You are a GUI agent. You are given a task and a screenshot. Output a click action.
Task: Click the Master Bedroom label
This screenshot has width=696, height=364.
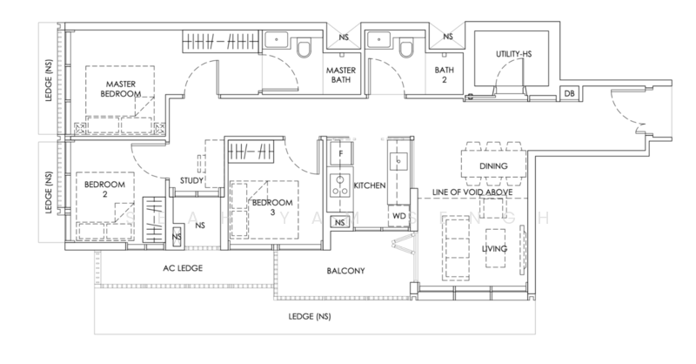click(120, 89)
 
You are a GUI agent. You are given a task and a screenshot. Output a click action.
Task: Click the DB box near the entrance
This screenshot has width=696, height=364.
click(569, 93)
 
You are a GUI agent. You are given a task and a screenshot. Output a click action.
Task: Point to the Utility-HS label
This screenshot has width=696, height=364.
click(513, 54)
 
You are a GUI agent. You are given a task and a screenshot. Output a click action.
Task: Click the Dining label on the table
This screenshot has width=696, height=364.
click(493, 165)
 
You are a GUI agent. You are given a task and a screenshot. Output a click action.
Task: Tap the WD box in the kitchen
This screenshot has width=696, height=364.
click(399, 216)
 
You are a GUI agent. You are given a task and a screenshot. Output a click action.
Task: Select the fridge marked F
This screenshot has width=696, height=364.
click(341, 153)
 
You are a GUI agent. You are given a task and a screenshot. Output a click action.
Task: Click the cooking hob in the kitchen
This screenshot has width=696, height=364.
click(340, 185)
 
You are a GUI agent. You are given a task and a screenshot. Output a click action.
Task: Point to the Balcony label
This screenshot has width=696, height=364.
click(345, 271)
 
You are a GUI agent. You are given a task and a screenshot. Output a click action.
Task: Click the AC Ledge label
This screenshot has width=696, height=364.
click(183, 268)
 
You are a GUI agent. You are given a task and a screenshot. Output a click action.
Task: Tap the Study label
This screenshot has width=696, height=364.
click(191, 180)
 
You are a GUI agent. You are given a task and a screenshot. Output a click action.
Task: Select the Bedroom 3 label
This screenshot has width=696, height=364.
click(272, 207)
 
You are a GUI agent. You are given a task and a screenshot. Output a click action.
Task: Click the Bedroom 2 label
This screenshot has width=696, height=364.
click(104, 189)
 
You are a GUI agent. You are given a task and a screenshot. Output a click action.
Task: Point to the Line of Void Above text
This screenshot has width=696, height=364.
click(472, 192)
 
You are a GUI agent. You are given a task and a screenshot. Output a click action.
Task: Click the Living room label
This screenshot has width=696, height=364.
click(494, 248)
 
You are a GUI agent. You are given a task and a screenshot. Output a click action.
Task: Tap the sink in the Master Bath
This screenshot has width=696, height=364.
click(277, 39)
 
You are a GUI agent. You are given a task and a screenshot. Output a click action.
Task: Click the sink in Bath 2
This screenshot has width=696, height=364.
click(378, 39)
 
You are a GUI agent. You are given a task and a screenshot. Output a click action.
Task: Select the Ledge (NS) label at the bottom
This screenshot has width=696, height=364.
click(310, 316)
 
